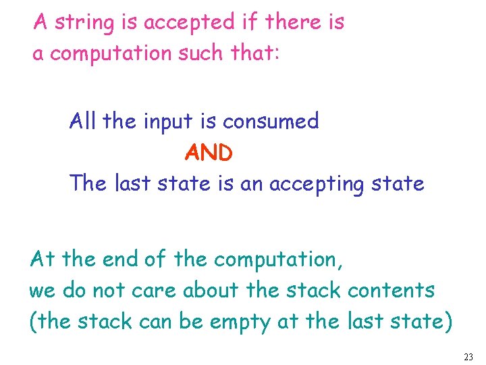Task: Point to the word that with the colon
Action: click(254, 53)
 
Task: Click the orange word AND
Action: click(209, 153)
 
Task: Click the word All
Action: click(84, 122)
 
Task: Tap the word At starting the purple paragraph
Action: click(41, 259)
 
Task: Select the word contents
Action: click(391, 291)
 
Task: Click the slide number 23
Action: click(469, 356)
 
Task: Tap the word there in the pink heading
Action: click(292, 22)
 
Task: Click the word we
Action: click(41, 291)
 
